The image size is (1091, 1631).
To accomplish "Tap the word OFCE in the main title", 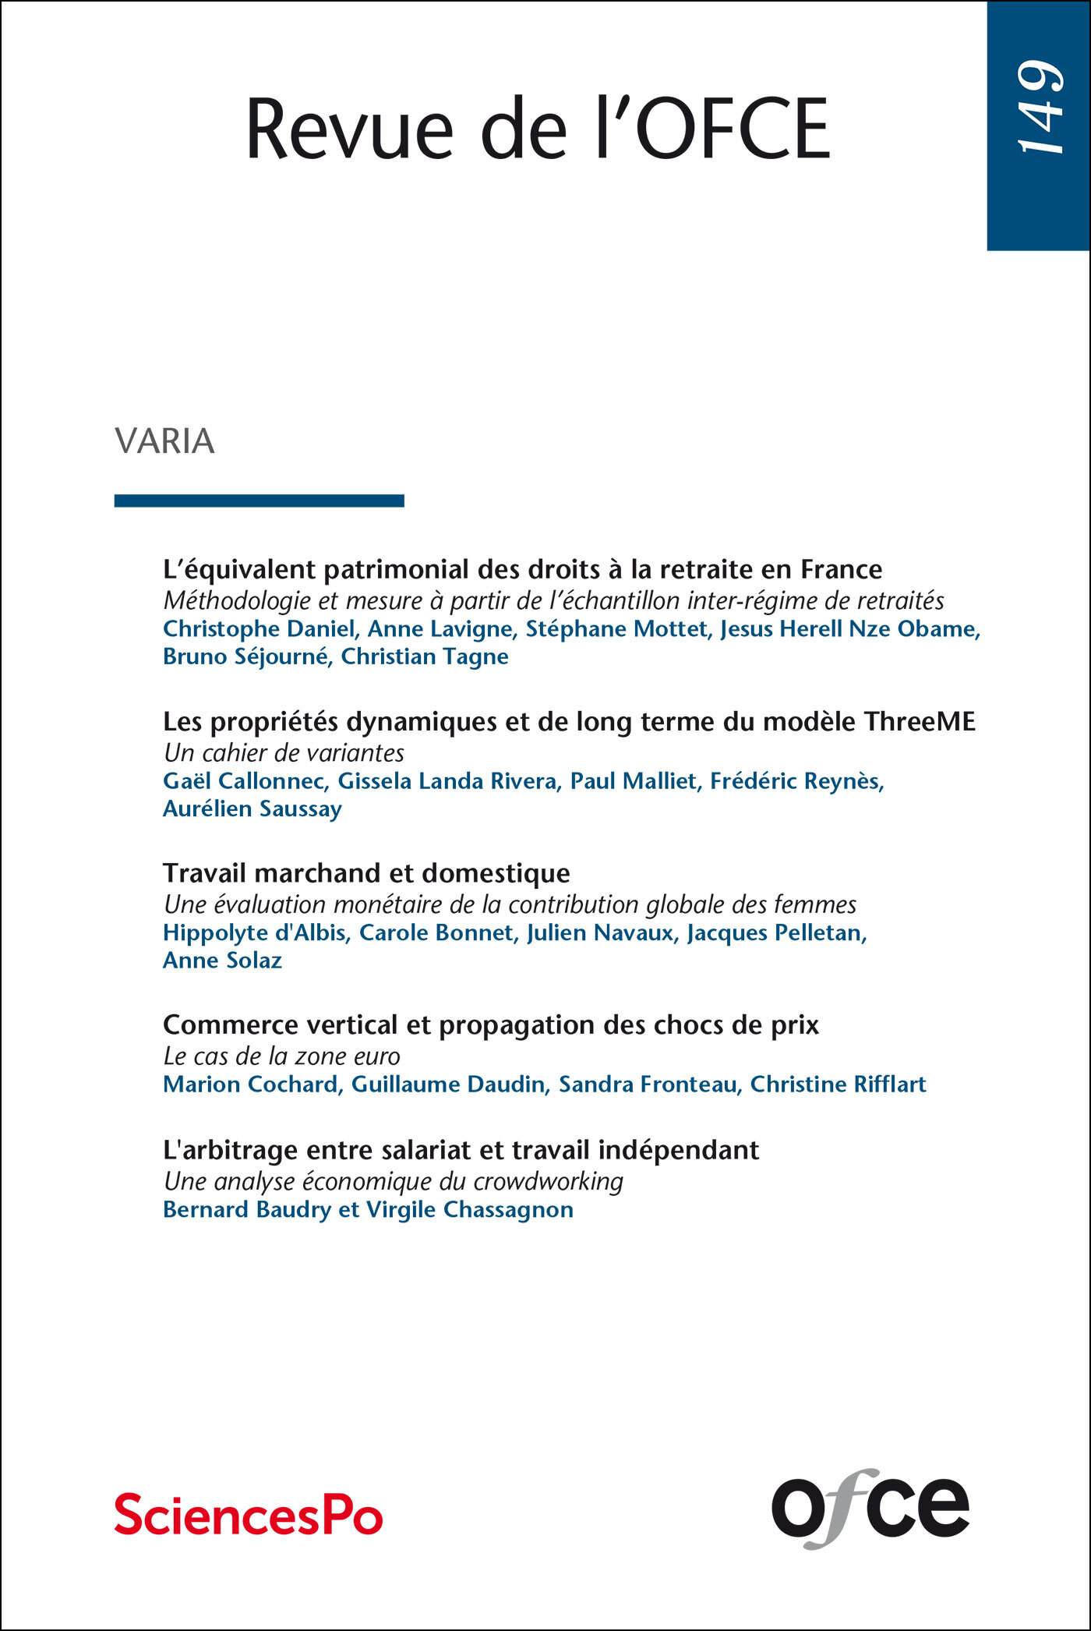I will tap(733, 129).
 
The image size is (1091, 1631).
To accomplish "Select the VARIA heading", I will tap(164, 441).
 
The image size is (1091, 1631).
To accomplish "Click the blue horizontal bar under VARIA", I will tap(259, 501).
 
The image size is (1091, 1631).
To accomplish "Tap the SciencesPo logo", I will tap(249, 1515).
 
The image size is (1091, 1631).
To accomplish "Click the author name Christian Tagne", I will tap(425, 657).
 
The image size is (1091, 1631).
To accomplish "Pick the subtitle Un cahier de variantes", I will tap(284, 753).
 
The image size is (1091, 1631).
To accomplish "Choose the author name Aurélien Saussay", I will tap(252, 809).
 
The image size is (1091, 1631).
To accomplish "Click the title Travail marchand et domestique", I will tap(366, 873).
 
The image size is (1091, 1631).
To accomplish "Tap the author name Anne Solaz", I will tap(222, 961).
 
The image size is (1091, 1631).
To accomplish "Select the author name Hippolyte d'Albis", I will tap(254, 932).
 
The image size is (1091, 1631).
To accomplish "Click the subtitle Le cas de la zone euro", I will tap(281, 1056).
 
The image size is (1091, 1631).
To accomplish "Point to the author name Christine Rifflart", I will tap(838, 1084).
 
